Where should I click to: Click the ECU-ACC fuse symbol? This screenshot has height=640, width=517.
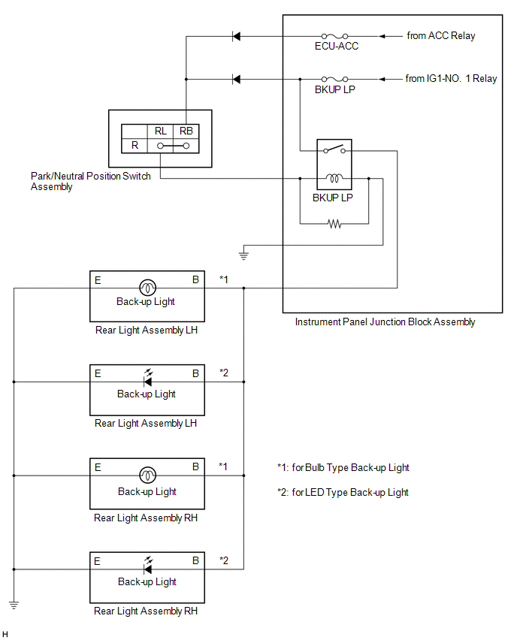click(333, 35)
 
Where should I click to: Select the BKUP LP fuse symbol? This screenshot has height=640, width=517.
click(333, 79)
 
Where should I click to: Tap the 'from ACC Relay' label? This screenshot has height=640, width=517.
click(440, 35)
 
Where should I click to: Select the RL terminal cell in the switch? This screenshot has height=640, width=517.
click(161, 131)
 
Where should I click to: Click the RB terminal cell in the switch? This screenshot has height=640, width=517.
click(186, 131)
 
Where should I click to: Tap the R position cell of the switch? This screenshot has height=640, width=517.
click(135, 145)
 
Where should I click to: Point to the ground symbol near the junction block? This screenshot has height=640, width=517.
click(243, 255)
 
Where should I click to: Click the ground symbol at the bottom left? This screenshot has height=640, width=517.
click(14, 602)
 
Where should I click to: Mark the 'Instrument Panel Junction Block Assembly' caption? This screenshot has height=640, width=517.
click(385, 322)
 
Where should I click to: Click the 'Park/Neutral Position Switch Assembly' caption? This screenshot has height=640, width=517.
click(90, 181)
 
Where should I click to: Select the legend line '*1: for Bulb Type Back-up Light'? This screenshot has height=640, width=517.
click(343, 467)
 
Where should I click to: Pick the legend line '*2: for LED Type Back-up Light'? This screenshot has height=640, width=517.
click(343, 492)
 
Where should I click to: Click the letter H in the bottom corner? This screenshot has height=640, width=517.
click(6, 634)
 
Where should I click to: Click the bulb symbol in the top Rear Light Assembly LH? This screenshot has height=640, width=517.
click(147, 287)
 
